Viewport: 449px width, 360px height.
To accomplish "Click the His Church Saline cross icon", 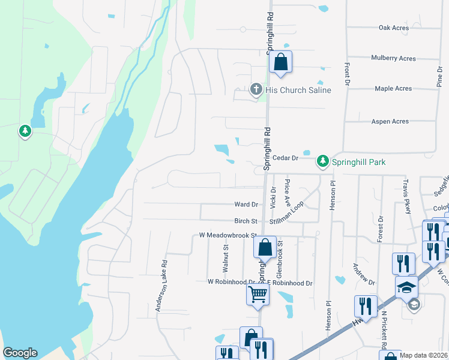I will (x=256, y=91).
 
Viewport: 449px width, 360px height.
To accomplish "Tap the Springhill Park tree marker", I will (x=323, y=161).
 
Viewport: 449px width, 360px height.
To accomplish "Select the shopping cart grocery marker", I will (x=258, y=295).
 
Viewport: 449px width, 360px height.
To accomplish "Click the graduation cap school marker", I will (x=406, y=286).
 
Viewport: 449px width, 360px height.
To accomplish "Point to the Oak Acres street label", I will (x=394, y=28).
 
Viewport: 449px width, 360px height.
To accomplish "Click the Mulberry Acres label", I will (x=393, y=58).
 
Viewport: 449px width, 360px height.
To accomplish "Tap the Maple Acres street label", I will (x=393, y=89).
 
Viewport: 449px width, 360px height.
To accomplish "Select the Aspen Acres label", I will (x=391, y=122).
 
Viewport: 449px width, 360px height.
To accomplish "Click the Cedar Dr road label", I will (x=285, y=158).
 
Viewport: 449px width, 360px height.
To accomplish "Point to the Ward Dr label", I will (x=246, y=205).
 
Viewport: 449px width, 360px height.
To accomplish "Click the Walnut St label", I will (x=226, y=255).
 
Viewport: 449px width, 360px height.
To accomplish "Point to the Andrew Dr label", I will (x=364, y=274).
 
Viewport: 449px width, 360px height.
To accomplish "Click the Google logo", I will (x=20, y=353).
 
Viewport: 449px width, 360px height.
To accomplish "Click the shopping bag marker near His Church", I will (x=280, y=62).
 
